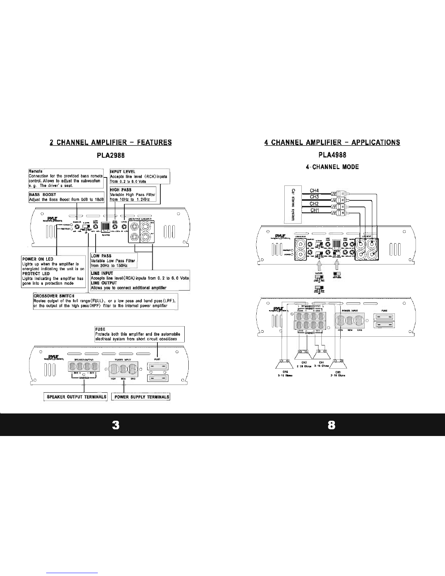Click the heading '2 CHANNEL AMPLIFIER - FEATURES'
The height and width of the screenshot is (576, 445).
111,142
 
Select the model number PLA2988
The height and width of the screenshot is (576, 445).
111,155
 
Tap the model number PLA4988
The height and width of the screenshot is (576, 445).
332,155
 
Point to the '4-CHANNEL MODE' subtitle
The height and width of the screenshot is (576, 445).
332,167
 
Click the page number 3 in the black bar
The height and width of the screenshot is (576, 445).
116,425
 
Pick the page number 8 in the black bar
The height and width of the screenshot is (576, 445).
331,425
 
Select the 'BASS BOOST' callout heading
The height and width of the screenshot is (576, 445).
43,195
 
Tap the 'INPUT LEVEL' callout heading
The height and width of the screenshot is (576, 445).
123,172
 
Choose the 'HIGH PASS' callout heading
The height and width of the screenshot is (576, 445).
120,190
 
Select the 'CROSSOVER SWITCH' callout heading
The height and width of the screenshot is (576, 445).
53,296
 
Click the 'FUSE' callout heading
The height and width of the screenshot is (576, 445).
100,329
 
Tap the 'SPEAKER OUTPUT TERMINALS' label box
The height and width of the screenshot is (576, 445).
76,397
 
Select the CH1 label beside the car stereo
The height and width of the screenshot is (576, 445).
314,211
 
